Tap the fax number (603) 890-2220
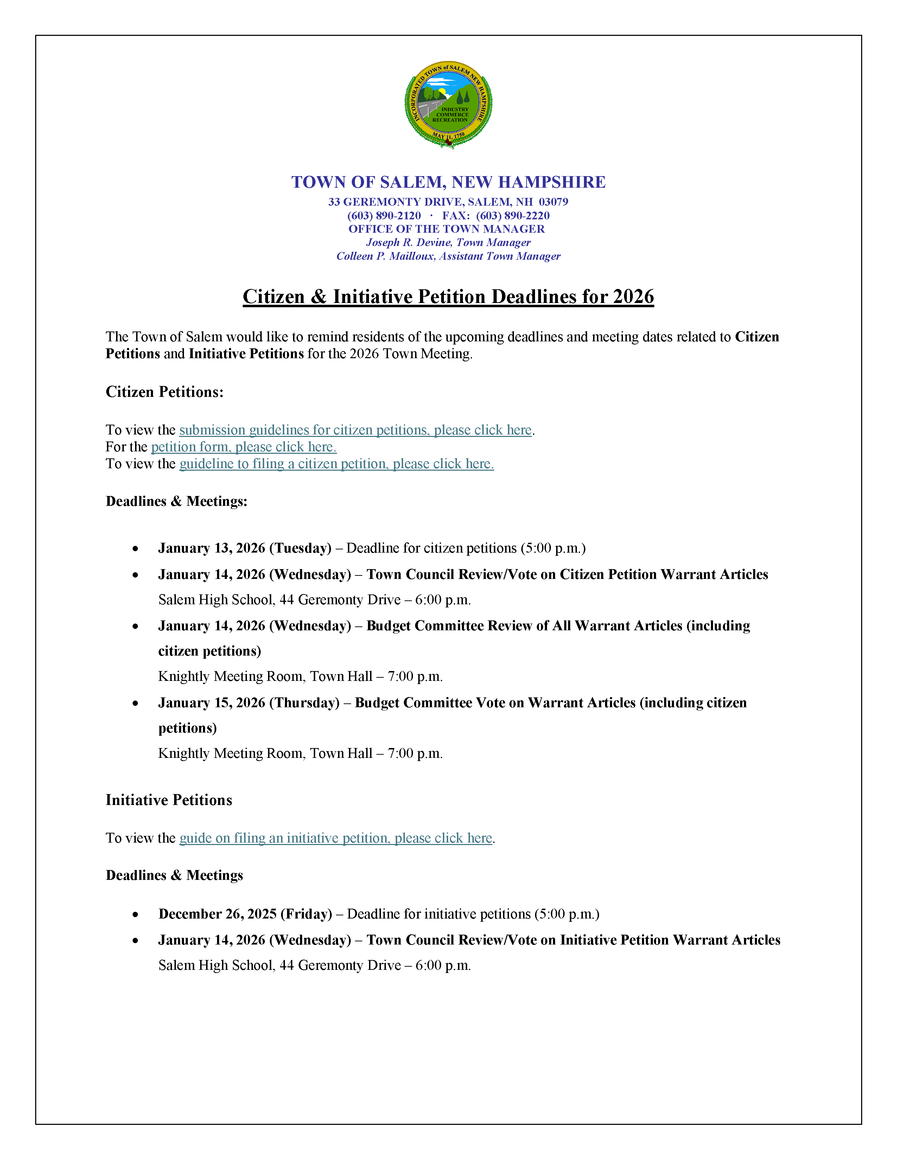pyautogui.click(x=513, y=215)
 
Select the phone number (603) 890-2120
pyautogui.click(x=384, y=215)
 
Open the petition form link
pyautogui.click(x=243, y=447)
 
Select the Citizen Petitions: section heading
pyautogui.click(x=164, y=392)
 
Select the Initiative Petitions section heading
pyautogui.click(x=168, y=800)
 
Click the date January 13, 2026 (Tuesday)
pyautogui.click(x=244, y=548)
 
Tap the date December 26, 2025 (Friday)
pyautogui.click(x=245, y=914)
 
